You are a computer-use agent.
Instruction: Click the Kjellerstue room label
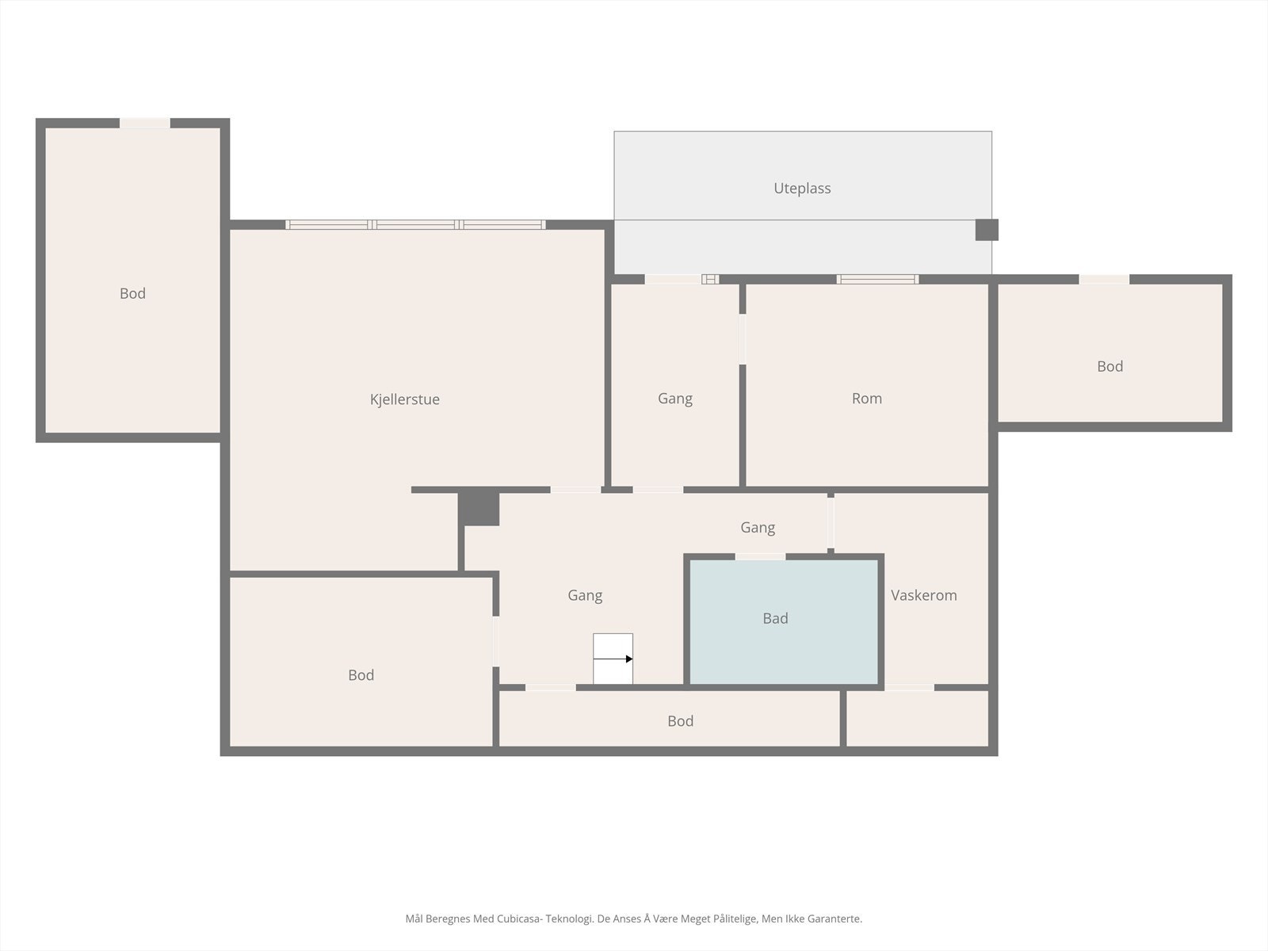(x=404, y=399)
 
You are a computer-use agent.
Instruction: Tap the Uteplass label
(x=802, y=189)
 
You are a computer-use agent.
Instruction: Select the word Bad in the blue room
(x=775, y=619)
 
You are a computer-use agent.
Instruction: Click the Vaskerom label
(x=923, y=595)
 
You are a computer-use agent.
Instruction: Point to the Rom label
(x=866, y=399)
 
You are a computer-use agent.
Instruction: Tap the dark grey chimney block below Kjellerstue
(x=479, y=509)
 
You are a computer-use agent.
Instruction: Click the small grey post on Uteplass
(x=986, y=230)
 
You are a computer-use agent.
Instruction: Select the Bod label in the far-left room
(x=132, y=294)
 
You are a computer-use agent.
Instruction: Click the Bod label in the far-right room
(x=1109, y=367)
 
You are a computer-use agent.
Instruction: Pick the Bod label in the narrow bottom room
(x=680, y=721)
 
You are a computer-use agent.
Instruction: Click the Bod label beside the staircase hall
(x=361, y=675)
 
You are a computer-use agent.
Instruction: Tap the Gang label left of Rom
(x=674, y=399)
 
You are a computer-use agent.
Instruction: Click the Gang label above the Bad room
(x=758, y=528)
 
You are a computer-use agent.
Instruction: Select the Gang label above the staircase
(x=585, y=595)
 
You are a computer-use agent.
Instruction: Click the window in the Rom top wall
(x=877, y=279)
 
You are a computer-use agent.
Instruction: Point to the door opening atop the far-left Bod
(x=145, y=123)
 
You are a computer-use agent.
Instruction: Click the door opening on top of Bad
(x=760, y=557)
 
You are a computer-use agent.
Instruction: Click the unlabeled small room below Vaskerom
(x=918, y=719)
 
